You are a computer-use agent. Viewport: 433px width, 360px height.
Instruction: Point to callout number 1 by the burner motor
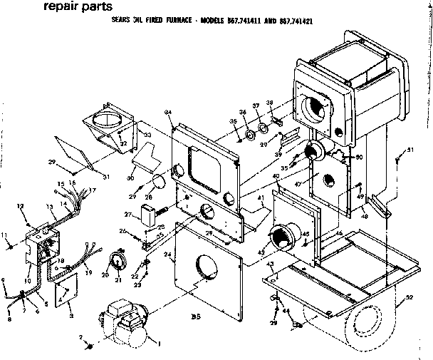pyautogui.click(x=159, y=344)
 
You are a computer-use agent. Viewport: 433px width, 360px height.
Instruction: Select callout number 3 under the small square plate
pyautogui.click(x=71, y=312)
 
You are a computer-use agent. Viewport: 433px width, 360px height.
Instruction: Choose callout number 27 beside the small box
pyautogui.click(x=129, y=214)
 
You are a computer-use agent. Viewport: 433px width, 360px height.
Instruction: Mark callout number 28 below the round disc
pyautogui.click(x=150, y=197)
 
